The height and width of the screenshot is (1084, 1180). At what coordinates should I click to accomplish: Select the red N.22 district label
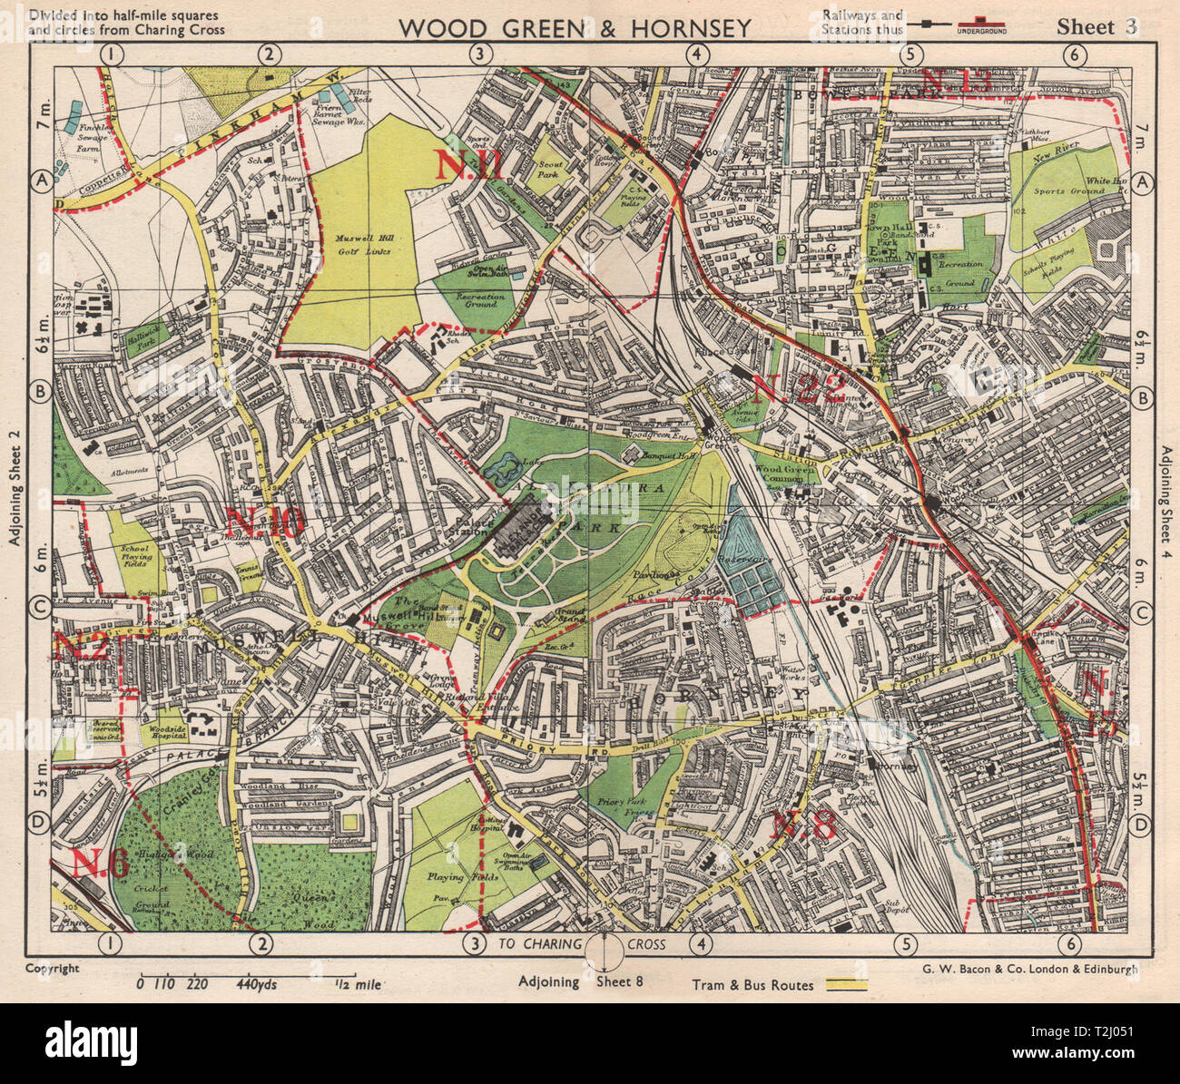tap(799, 388)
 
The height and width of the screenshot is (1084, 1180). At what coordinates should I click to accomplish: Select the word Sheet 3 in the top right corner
tap(1096, 26)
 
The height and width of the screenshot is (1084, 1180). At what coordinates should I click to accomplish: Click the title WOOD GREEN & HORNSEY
tap(575, 28)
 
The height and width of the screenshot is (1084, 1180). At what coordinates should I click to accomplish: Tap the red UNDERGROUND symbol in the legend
tap(978, 27)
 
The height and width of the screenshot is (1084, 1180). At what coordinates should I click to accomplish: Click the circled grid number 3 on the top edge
tap(480, 54)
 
